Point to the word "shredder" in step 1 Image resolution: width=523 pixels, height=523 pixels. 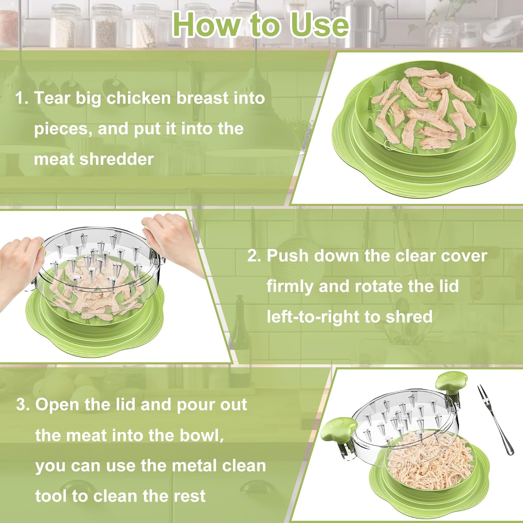point(117,159)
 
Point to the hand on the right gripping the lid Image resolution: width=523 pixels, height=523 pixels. point(171,237)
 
